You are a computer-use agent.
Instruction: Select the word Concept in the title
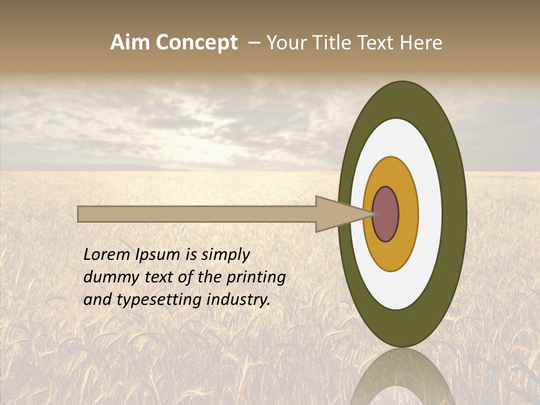click(x=197, y=43)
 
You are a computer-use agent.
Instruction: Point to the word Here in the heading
click(x=421, y=43)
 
